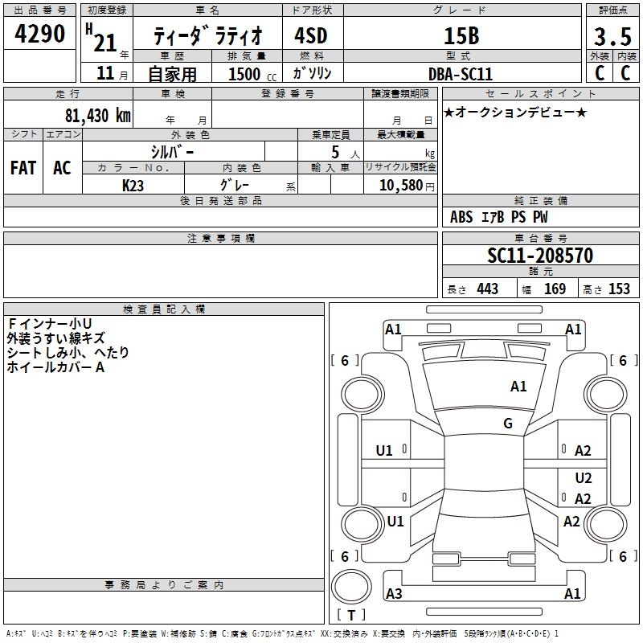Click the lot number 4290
point(40,35)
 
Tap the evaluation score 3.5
point(611,38)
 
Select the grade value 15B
point(461,36)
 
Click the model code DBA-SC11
point(461,73)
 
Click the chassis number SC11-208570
point(540,256)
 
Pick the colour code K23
point(133,185)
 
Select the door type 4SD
point(311,36)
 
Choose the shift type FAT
point(23,168)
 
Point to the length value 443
point(487,289)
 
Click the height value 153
point(619,289)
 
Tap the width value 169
point(555,289)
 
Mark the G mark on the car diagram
point(508,424)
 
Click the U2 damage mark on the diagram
point(584,477)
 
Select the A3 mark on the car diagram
point(394,594)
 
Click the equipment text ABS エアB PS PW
point(498,217)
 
